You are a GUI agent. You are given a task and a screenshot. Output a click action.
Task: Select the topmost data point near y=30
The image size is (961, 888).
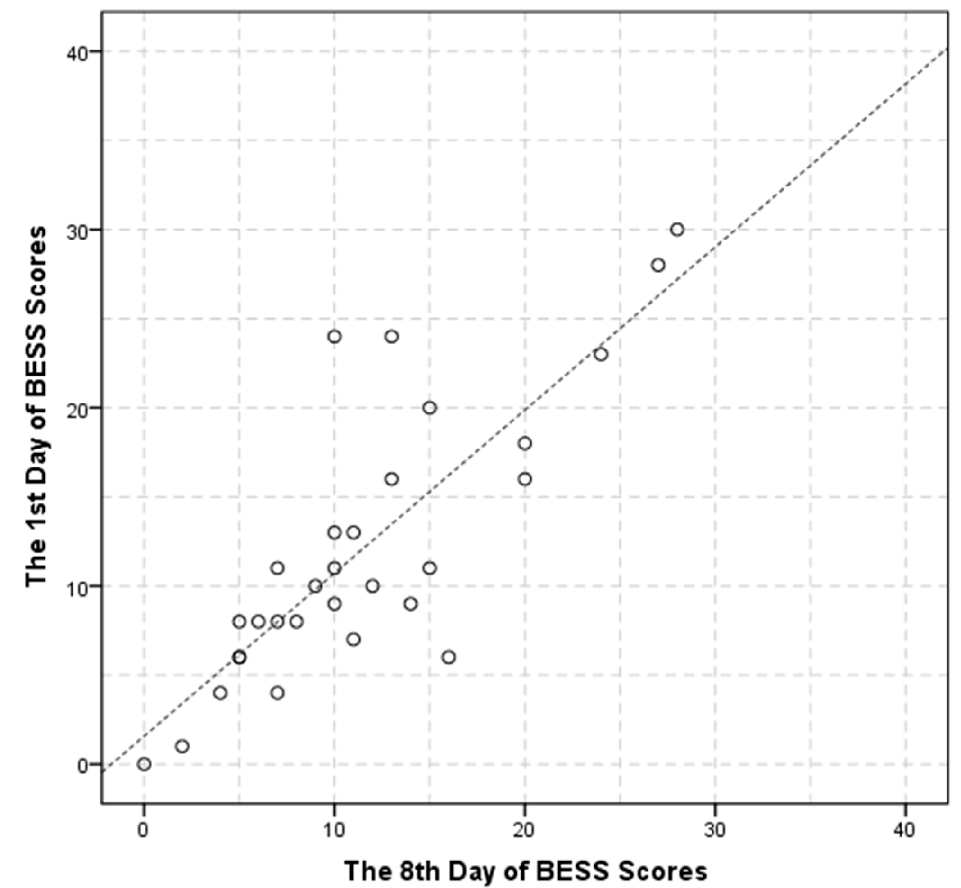click(x=677, y=230)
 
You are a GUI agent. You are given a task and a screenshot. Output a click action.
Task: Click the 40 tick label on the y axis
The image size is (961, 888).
click(x=79, y=52)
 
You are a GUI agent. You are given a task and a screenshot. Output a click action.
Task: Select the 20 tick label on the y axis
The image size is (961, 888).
click(x=79, y=408)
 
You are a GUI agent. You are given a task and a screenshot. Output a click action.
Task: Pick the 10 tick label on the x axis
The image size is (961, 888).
click(x=334, y=830)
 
